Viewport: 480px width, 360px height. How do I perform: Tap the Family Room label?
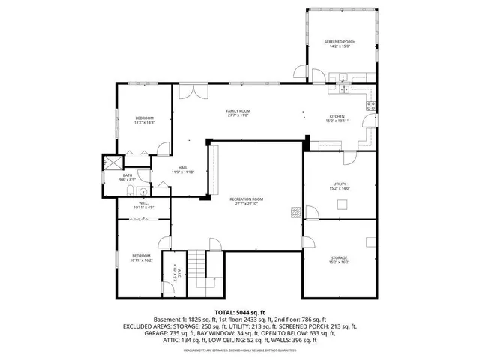click(x=238, y=113)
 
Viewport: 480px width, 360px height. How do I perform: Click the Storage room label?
click(x=339, y=259)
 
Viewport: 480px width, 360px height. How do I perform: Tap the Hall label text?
click(x=182, y=169)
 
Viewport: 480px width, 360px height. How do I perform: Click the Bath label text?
click(x=127, y=177)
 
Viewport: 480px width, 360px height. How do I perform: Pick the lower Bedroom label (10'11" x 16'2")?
click(x=142, y=258)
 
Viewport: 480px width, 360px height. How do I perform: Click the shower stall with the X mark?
click(x=113, y=162)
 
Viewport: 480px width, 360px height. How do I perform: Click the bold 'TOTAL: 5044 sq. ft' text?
click(x=239, y=311)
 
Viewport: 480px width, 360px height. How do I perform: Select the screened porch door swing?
click(x=301, y=73)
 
